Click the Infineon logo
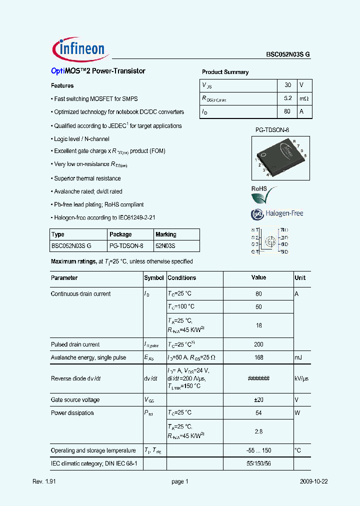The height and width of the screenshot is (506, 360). click(79, 49)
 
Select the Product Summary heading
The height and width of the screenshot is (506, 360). click(225, 72)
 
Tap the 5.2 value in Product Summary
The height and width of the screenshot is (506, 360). click(287, 98)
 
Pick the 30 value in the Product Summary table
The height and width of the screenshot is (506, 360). click(287, 85)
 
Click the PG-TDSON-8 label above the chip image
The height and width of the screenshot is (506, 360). click(272, 130)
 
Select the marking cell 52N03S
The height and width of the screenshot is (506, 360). click(165, 246)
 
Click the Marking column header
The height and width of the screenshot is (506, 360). click(166, 234)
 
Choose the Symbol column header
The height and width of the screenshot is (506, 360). click(154, 278)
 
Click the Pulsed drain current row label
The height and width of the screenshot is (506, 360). click(75, 344)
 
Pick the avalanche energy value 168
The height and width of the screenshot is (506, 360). click(258, 357)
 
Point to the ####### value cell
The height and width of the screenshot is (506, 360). click(258, 379)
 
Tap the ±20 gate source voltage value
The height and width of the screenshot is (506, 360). click(258, 400)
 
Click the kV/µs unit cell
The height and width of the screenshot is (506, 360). click(301, 379)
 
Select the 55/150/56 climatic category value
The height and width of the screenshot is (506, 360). click(258, 463)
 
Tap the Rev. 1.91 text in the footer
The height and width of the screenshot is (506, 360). click(43, 481)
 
